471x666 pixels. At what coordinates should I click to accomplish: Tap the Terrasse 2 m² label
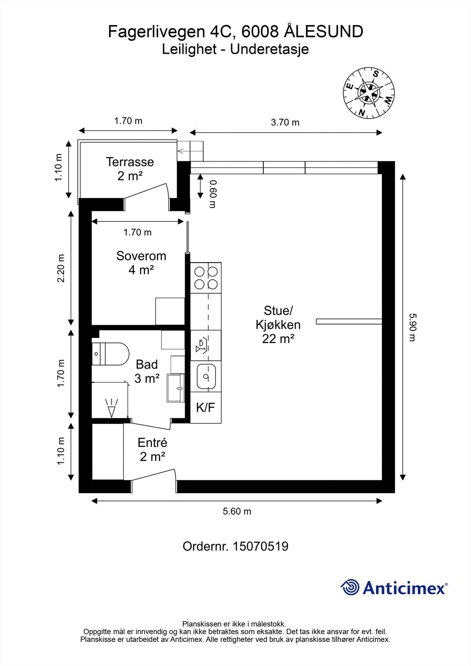tap(130, 169)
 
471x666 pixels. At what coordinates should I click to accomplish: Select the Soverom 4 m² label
tap(141, 263)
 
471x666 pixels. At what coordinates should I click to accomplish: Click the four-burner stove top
tap(206, 278)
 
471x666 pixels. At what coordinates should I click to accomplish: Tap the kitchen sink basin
tap(206, 376)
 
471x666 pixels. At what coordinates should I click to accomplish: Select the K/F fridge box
tap(206, 408)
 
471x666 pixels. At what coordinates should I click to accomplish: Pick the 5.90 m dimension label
tap(412, 327)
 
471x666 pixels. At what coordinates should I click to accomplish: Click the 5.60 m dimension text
tap(237, 511)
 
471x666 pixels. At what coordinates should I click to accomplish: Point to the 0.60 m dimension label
tap(213, 194)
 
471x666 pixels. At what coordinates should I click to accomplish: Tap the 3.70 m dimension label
tap(285, 122)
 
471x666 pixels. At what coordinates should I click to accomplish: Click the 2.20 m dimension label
tap(61, 268)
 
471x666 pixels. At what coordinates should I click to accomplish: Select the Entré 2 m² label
tap(152, 450)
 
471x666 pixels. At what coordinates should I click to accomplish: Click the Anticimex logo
tap(394, 588)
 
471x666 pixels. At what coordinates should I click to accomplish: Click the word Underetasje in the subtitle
tap(269, 49)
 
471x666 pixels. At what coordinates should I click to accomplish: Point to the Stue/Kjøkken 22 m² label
tap(278, 325)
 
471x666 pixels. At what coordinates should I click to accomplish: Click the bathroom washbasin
tap(176, 388)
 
